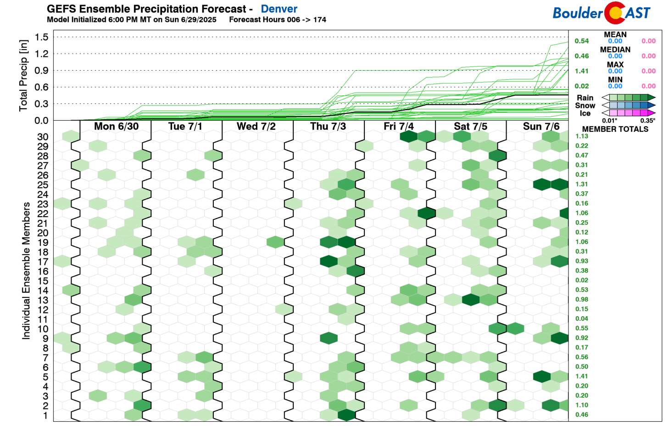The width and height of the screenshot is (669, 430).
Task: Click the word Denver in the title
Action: [279, 9]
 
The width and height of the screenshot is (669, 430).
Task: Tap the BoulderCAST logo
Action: [601, 13]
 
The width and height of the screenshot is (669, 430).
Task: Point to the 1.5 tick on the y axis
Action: [42, 37]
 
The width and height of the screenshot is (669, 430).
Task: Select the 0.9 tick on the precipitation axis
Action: [42, 71]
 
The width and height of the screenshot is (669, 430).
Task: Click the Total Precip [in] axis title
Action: [23, 75]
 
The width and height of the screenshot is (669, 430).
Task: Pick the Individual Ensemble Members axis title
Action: [26, 271]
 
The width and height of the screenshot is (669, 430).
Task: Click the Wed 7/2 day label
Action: [256, 126]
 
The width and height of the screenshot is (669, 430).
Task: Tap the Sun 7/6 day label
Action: [541, 126]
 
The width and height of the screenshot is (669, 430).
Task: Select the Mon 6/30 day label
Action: [116, 126]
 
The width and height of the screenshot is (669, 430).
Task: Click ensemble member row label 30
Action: [43, 137]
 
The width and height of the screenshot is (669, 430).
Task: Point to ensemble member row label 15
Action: [43, 281]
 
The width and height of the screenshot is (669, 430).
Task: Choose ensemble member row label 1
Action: [45, 415]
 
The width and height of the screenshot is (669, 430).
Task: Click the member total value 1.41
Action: [581, 376]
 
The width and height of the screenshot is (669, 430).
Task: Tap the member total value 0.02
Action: [581, 280]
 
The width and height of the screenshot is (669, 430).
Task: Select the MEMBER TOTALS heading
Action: [615, 129]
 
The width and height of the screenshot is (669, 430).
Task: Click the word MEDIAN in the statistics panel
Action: [615, 50]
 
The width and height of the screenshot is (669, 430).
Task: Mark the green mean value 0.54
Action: [581, 41]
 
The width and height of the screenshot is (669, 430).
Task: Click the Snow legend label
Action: [585, 106]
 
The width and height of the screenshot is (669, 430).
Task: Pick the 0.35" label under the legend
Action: [647, 121]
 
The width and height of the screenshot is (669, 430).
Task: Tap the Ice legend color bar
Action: [628, 113]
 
